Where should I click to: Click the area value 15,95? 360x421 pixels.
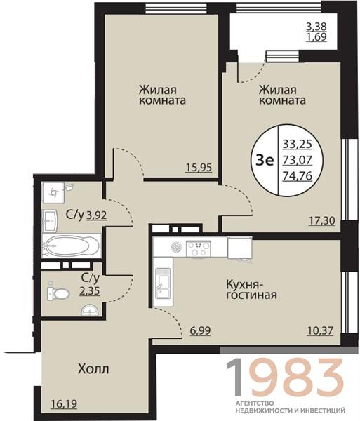199,168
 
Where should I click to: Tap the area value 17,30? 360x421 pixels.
322,221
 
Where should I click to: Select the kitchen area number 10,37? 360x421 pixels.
320,330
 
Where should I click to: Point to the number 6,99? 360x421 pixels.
200,330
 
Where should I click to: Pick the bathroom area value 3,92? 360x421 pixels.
97,215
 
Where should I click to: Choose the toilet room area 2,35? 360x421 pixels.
90,290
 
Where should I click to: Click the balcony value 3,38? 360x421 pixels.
316,27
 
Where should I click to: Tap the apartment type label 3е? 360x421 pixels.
265,160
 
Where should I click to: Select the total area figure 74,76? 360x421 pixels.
297,176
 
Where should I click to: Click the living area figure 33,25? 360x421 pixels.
297,144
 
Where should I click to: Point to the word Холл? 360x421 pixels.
93,369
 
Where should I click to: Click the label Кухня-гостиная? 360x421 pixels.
251,289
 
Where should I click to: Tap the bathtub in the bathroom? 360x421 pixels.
71,246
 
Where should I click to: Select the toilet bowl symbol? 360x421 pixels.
58,293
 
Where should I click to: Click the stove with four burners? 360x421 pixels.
199,248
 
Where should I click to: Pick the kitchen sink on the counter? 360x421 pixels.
163,283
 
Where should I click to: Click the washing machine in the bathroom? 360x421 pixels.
53,192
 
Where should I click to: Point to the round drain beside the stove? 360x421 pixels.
177,246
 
